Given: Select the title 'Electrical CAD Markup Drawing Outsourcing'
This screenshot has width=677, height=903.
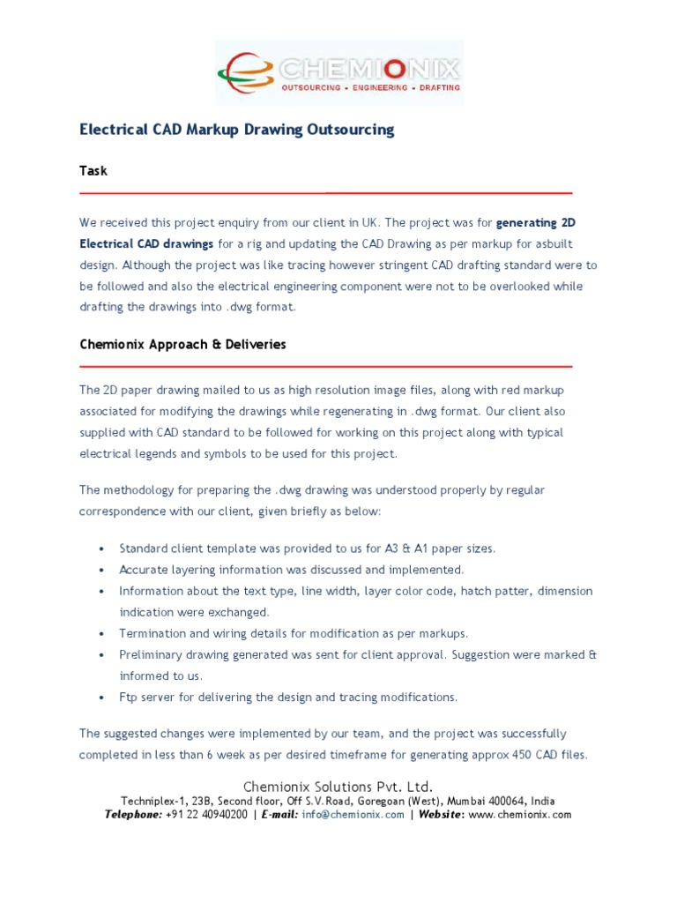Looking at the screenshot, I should (x=236, y=130).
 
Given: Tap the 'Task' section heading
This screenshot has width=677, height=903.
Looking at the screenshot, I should (x=93, y=170).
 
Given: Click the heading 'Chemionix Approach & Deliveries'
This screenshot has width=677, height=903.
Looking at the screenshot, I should (x=182, y=345).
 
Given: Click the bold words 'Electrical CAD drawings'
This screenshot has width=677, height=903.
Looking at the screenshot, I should (x=146, y=243).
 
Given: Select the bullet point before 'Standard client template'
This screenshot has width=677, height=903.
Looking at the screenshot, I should (x=104, y=549).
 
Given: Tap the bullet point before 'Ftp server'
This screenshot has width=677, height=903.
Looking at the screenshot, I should (x=104, y=698).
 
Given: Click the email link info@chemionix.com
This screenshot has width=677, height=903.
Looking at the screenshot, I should (x=353, y=815).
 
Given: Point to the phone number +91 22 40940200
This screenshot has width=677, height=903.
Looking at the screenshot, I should (x=206, y=815).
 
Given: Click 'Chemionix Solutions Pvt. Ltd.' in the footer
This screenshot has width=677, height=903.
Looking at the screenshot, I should (x=338, y=787).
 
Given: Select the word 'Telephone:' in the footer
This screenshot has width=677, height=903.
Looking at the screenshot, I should (x=133, y=815).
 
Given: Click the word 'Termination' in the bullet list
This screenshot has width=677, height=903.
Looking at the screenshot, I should (x=152, y=633).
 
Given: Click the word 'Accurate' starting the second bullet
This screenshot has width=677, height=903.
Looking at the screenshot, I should (x=143, y=570).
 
